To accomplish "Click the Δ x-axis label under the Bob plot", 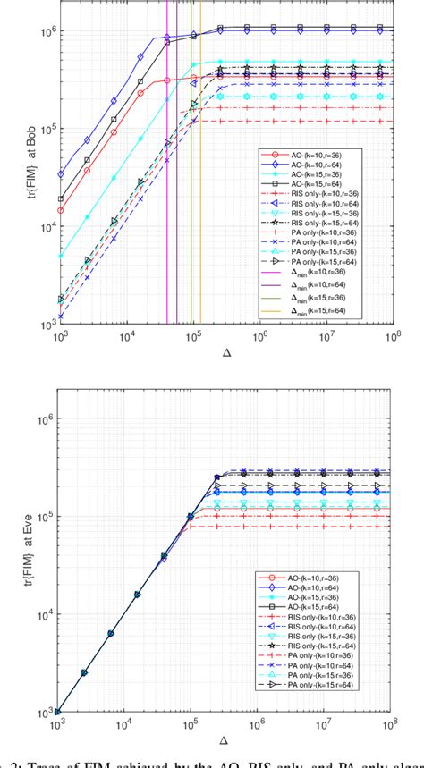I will pyautogui.click(x=227, y=351).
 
